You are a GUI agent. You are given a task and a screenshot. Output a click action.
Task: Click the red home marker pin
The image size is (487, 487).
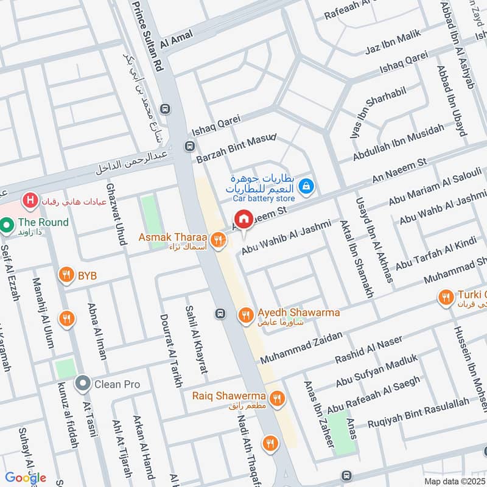point(243,219)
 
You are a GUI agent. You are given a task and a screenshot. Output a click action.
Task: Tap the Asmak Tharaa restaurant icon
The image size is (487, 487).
point(217,236)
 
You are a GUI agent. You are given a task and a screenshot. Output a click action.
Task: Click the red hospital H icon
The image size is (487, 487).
point(28,199)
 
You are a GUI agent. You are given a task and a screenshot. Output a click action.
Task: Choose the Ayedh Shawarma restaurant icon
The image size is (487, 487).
point(246,314)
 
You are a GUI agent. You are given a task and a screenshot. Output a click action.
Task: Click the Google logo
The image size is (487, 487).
point(26,477)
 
